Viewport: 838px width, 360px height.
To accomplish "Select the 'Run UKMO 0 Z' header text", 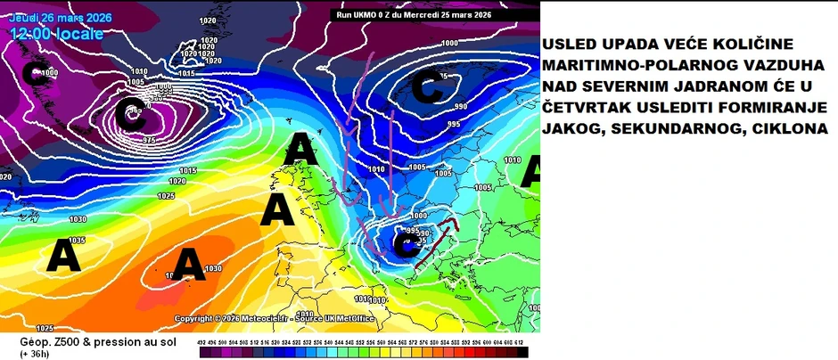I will point(369,14).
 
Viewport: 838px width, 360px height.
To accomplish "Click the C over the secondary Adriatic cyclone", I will point(406,249).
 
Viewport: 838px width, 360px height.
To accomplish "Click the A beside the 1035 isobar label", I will point(63,256).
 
